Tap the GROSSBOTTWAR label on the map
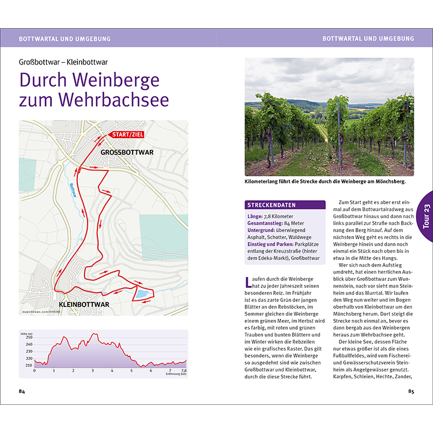pyautogui.click(x=127, y=152)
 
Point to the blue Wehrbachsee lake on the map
pyautogui.click(x=142, y=294)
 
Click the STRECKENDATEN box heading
pyautogui.click(x=271, y=205)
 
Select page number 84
pyautogui.click(x=22, y=391)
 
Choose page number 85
pyautogui.click(x=411, y=391)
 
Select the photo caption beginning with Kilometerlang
pyautogui.click(x=325, y=182)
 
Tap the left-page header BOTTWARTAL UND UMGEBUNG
pyautogui.click(x=64, y=38)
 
